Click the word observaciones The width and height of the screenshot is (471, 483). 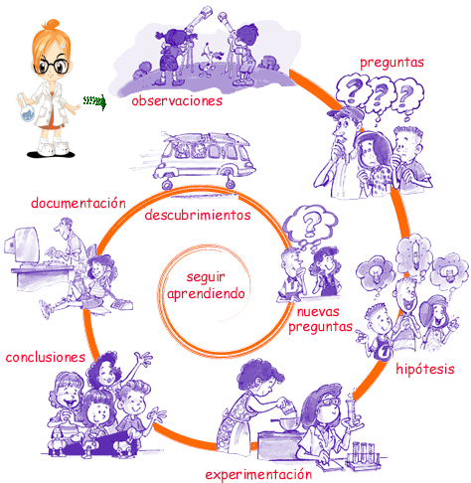(177, 101)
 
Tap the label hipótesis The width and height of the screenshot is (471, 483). (425, 369)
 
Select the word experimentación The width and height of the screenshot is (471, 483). (258, 474)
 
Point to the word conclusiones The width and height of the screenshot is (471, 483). (46, 357)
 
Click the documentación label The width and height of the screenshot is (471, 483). (78, 203)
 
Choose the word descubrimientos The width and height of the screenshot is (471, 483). (198, 215)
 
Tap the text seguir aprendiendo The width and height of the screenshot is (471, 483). (206, 286)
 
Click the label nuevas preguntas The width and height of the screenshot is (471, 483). (320, 320)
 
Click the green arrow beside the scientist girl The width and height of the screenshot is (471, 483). (95, 101)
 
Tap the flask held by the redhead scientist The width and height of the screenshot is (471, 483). (26, 108)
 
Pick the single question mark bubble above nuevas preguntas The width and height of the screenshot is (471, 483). (310, 223)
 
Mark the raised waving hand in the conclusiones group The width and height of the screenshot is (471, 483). (144, 359)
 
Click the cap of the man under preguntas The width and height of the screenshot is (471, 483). (345, 113)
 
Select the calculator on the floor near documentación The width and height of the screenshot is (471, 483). (121, 303)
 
